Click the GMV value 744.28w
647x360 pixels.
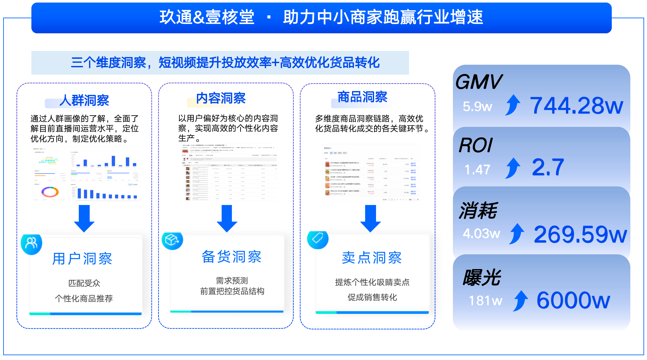576,106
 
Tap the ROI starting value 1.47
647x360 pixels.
477,169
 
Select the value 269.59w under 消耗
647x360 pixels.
580,234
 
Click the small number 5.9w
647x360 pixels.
477,106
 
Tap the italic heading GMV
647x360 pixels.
479,82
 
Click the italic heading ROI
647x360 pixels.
475,146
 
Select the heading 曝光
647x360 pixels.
481,277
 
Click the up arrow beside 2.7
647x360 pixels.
513,168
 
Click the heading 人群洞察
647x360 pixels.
84,101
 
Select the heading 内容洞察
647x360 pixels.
221,98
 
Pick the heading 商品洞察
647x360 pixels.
362,97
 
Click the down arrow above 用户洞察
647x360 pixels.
84,218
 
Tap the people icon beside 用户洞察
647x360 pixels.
31,244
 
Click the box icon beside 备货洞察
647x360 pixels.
172,240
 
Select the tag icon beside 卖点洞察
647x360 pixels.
317,239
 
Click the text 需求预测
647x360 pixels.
232,281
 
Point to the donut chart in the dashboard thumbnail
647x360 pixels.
50,192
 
